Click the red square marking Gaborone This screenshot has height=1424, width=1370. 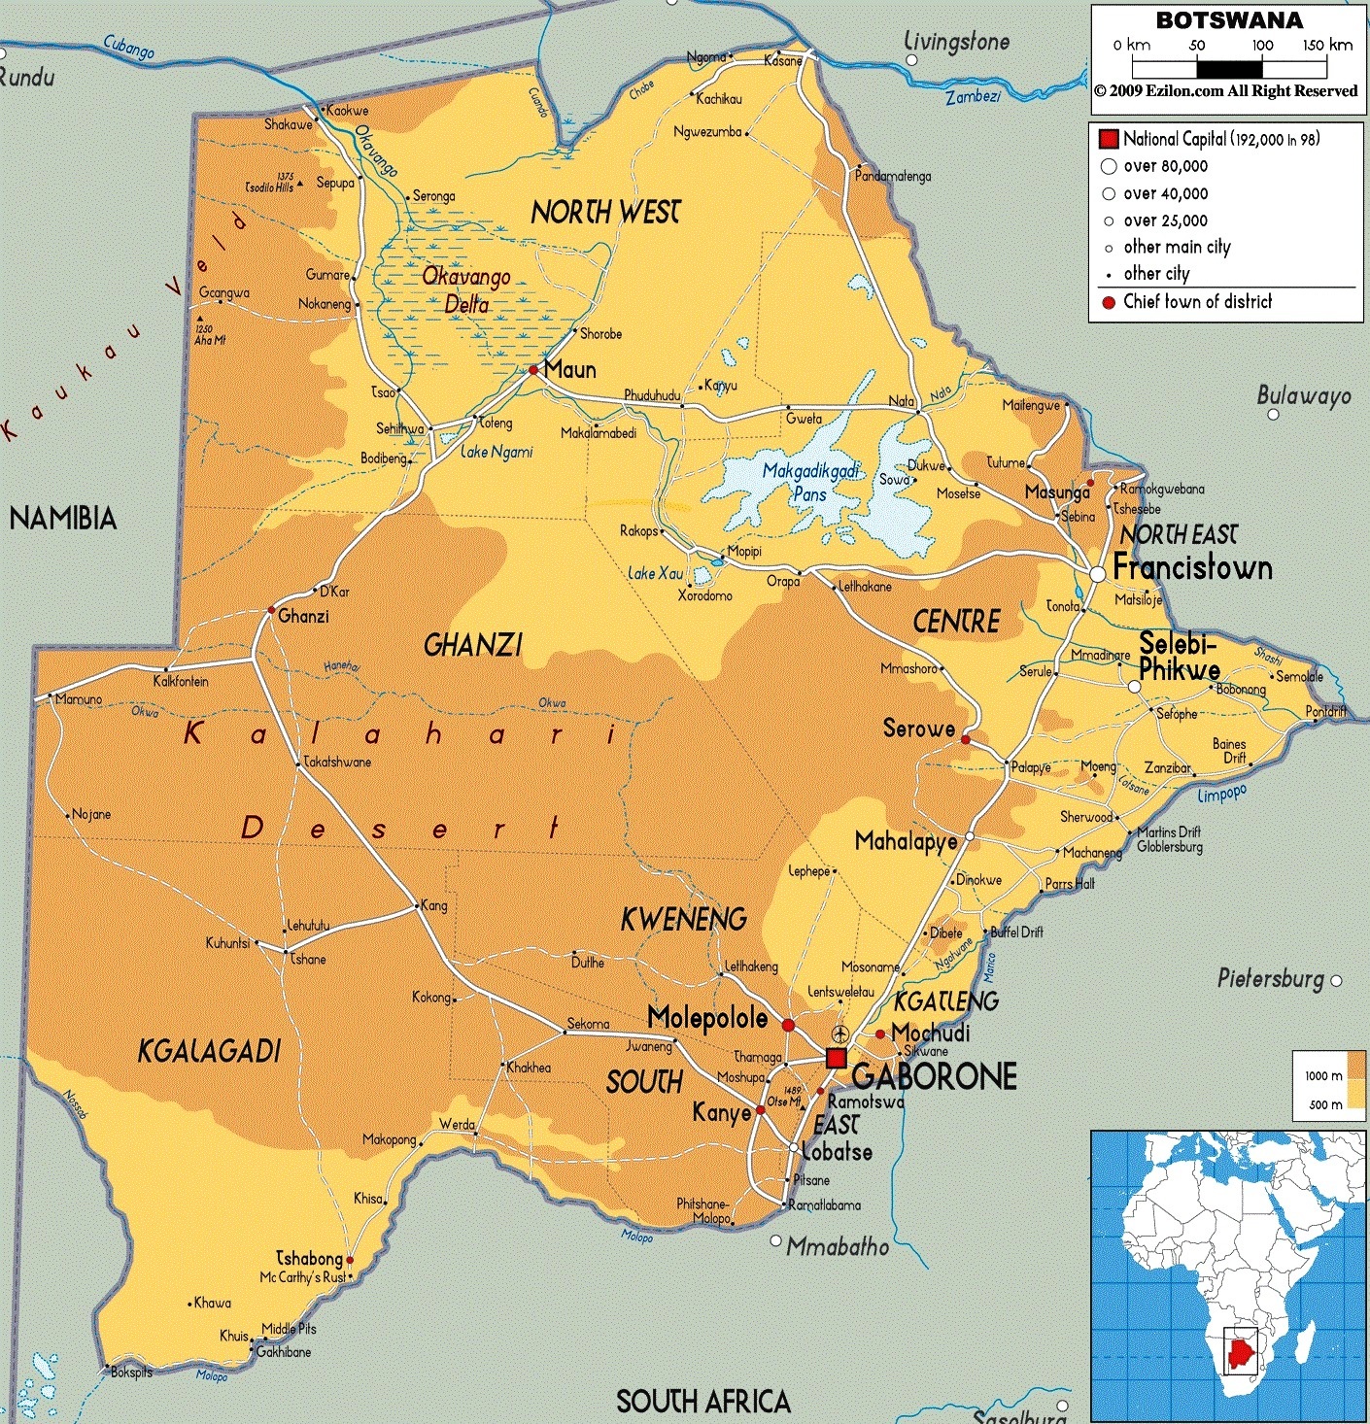[x=835, y=1058]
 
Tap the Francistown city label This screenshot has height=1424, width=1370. [x=1192, y=568]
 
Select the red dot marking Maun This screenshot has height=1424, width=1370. [x=533, y=370]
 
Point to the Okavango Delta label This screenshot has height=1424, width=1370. [x=466, y=290]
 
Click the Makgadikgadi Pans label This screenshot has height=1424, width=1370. [x=810, y=482]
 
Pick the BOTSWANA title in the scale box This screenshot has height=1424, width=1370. [x=1229, y=20]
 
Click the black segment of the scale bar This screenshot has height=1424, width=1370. [x=1229, y=69]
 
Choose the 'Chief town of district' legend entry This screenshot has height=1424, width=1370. [x=1197, y=302]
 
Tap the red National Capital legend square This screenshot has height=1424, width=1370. [x=1109, y=139]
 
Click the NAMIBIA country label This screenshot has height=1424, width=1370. [x=63, y=519]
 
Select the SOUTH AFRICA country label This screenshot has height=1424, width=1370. [x=703, y=1401]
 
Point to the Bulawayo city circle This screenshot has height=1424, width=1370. [x=1274, y=415]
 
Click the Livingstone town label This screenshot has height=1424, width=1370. [x=957, y=42]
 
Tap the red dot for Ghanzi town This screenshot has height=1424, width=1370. [x=271, y=610]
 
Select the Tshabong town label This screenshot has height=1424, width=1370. [x=309, y=1258]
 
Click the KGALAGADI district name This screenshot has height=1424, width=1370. [x=209, y=1051]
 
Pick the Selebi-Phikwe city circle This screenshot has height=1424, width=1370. [x=1134, y=687]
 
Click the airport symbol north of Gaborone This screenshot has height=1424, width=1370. [x=840, y=1033]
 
